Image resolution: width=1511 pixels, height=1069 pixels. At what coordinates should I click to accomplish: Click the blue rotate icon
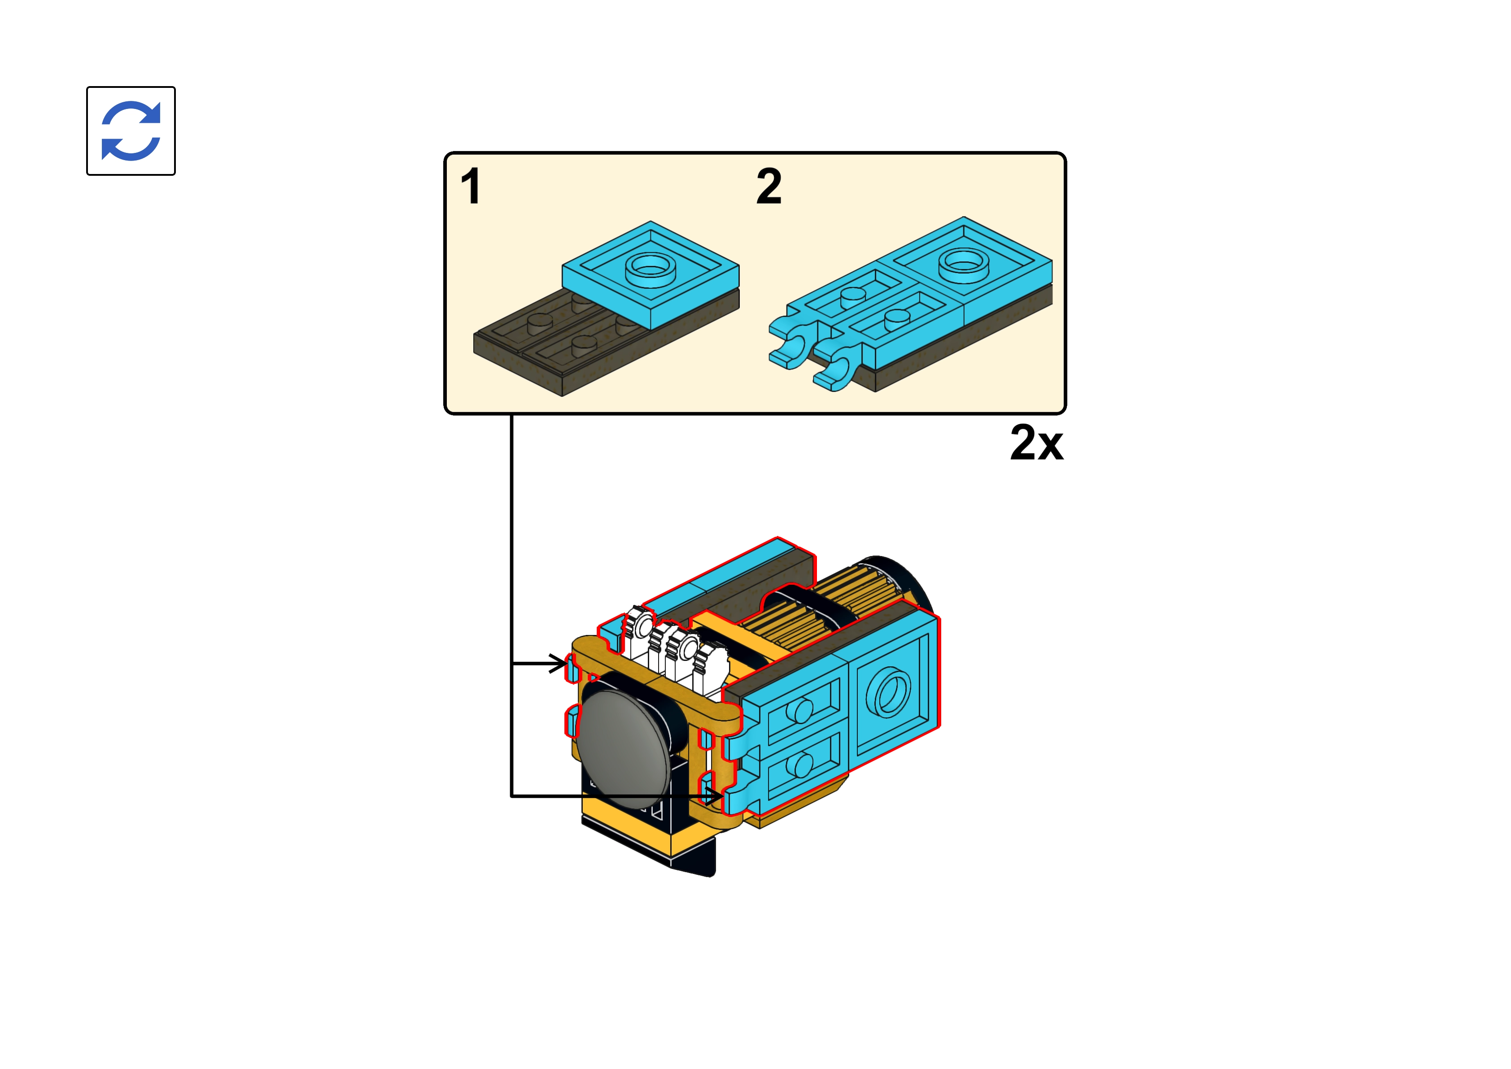pyautogui.click(x=131, y=131)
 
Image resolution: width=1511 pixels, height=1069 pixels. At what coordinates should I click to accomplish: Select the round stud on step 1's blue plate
pyautogui.click(x=651, y=267)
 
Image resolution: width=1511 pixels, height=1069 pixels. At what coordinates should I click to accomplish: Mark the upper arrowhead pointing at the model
pyautogui.click(x=558, y=664)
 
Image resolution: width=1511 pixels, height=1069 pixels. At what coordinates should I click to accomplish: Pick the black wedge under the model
pyautogui.click(x=691, y=856)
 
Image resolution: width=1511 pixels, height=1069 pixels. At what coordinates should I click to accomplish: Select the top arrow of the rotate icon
pyautogui.click(x=135, y=113)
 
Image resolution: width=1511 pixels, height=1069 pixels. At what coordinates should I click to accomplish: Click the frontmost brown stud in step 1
pyautogui.click(x=585, y=345)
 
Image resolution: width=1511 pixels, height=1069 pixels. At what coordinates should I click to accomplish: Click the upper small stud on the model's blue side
pyautogui.click(x=799, y=711)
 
